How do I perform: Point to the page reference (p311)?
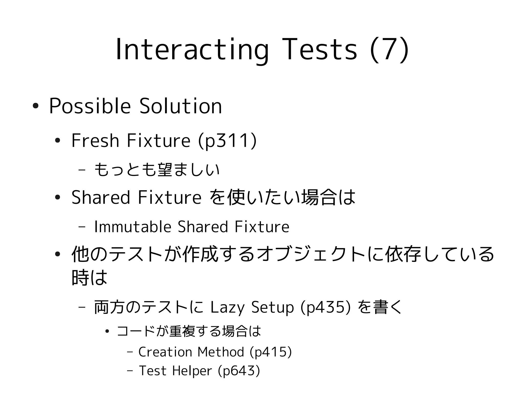click(x=227, y=141)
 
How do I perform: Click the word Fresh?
click(x=95, y=141)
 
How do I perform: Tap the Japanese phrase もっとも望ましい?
click(x=157, y=170)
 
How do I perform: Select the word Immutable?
click(x=133, y=227)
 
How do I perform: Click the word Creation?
click(x=165, y=352)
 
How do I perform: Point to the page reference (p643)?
click(x=239, y=370)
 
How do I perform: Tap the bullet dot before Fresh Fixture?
click(x=58, y=141)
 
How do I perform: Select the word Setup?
click(x=272, y=307)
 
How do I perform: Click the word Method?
click(x=221, y=352)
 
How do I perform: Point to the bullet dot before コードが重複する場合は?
click(x=107, y=332)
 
